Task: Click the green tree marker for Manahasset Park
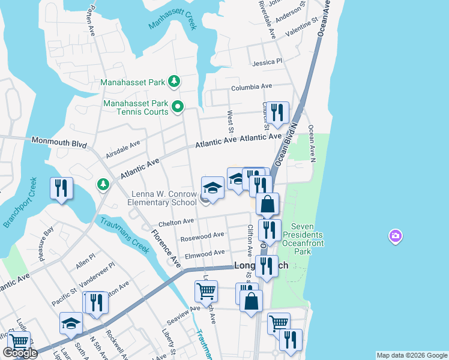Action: [174, 81]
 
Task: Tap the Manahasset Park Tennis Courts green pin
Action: [178, 107]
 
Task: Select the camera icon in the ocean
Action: [395, 236]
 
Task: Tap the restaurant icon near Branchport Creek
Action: [62, 188]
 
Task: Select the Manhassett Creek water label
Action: [172, 23]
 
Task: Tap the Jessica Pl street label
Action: [267, 62]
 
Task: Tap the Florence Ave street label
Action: [166, 248]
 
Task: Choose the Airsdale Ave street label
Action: [122, 149]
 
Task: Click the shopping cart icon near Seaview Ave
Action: [206, 292]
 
